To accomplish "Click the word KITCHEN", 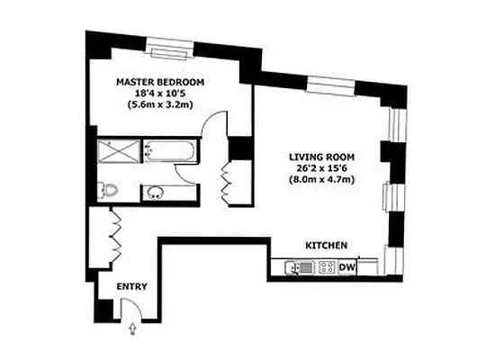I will point(327,245).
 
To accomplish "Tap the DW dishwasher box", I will point(346,266).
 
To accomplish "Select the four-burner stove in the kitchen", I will point(326,266).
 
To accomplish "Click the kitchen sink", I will point(296,266).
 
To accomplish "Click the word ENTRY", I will point(132,286).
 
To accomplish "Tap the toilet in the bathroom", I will point(108,191).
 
